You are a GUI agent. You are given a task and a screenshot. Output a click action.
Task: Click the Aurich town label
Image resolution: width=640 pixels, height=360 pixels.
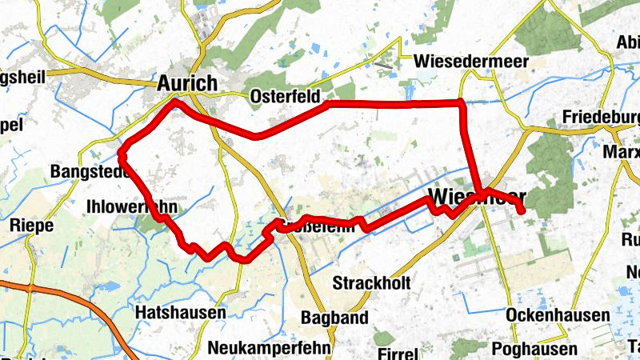pyautogui.click(x=187, y=83)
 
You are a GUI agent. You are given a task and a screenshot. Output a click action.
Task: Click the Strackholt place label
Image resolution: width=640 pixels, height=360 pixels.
pyautogui.click(x=371, y=283)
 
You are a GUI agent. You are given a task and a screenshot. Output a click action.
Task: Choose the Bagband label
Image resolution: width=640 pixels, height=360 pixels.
pyautogui.click(x=334, y=318)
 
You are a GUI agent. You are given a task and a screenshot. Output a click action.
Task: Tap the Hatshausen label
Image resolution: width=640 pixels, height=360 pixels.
pyautogui.click(x=181, y=312)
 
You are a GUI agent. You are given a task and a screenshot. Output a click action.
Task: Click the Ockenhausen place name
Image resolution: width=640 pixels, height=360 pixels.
pyautogui.click(x=558, y=316)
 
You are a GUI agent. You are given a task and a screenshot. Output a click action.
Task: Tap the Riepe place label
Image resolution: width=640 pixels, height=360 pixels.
pyautogui.click(x=31, y=226)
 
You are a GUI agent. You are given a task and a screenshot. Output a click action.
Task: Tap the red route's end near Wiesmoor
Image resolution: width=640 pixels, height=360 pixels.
pyautogui.click(x=522, y=211)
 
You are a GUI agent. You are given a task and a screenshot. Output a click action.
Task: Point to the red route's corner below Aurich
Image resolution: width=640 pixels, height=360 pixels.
pyautogui.click(x=175, y=102)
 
